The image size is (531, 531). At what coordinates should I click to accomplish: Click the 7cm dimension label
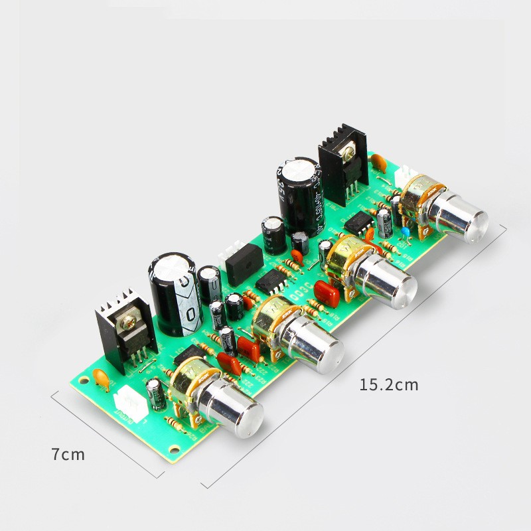click(x=68, y=455)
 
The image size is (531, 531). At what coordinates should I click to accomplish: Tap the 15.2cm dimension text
click(x=389, y=384)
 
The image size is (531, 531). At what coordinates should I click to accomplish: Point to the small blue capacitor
click(x=404, y=231)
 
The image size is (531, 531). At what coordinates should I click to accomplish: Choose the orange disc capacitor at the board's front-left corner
click(x=101, y=378)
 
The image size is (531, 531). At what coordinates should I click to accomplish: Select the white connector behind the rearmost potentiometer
click(x=404, y=178)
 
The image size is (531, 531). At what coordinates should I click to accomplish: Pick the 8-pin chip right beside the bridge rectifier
click(x=271, y=281)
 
